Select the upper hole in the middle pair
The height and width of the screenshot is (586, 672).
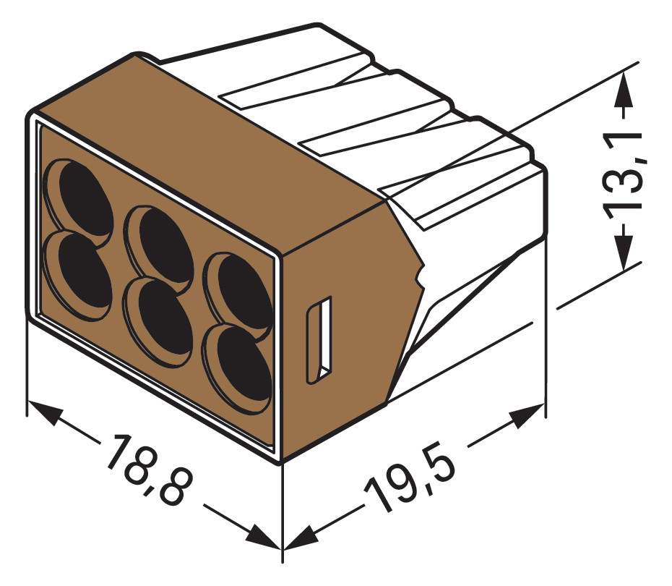(x=160, y=238)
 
